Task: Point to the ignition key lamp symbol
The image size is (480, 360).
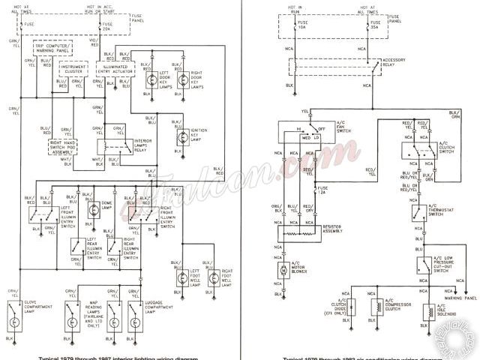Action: point(181,137)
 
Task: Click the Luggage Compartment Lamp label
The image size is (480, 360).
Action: point(151,289)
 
